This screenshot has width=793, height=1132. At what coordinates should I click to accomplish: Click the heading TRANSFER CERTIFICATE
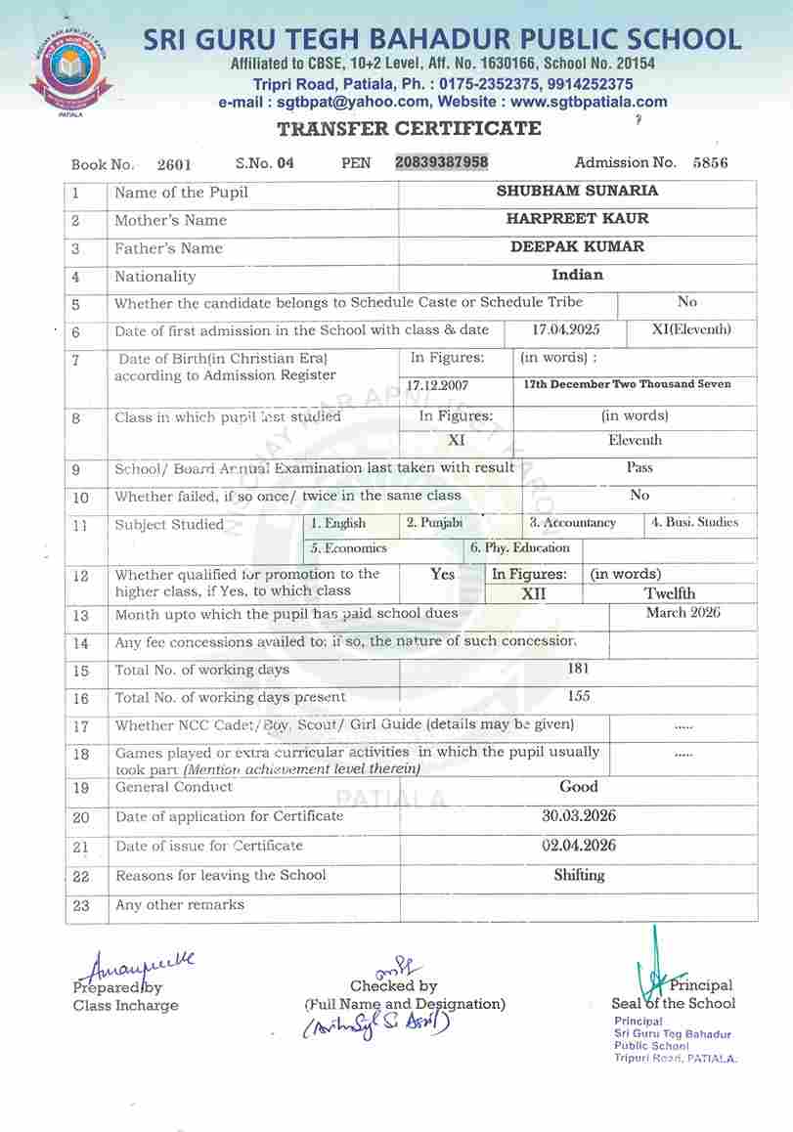(409, 128)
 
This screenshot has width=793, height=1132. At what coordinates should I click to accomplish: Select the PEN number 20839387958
(442, 162)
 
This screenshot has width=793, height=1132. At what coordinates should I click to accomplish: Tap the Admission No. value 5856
(710, 163)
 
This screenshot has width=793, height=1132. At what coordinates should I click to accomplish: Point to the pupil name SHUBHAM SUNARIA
(577, 192)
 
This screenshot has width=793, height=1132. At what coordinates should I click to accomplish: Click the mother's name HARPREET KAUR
(577, 219)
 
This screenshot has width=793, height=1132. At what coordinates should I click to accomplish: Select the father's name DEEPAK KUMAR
(577, 246)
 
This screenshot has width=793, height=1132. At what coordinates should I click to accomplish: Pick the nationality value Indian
(577, 275)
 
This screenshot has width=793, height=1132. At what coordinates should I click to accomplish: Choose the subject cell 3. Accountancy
(573, 523)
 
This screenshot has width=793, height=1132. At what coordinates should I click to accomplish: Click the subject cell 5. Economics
(349, 548)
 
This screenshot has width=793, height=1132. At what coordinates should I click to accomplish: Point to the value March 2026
(683, 613)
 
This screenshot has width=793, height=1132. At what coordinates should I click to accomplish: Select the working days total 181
(578, 669)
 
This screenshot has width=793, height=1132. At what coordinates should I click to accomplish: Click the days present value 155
(578, 696)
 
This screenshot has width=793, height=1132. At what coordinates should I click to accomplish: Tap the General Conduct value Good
(578, 786)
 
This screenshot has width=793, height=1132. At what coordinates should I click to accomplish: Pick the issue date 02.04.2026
(578, 846)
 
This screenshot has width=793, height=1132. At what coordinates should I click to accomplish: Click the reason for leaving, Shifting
(578, 875)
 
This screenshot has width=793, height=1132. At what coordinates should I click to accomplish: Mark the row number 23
(80, 905)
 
